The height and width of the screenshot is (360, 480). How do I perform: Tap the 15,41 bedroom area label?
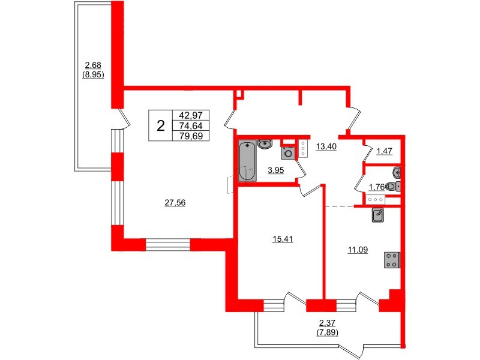282,239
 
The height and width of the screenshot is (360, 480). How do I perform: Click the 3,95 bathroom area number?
275,170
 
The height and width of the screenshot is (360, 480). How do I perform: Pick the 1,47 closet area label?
385,151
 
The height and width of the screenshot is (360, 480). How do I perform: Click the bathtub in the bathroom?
247,160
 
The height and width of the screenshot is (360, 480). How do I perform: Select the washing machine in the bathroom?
289,152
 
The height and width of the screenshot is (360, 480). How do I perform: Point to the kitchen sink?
378,214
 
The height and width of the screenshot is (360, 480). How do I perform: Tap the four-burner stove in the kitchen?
392,260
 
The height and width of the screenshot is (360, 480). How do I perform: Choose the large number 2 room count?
160,126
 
